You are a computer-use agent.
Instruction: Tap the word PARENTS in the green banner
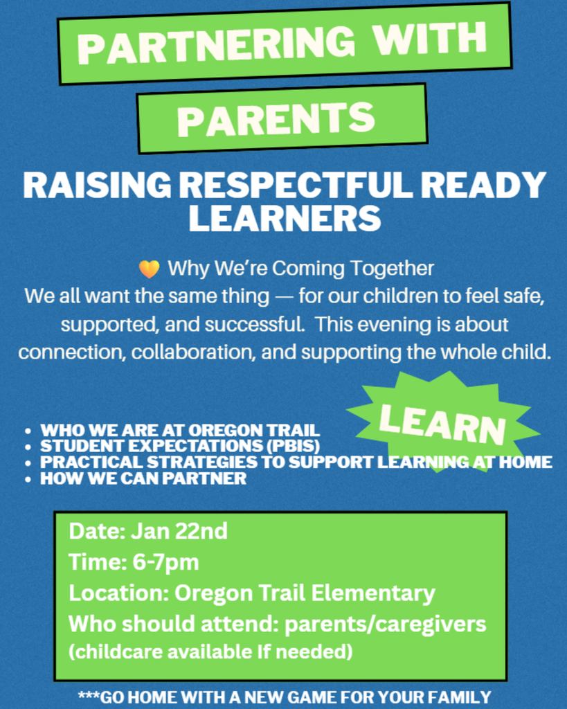276,120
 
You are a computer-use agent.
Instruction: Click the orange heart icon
149,269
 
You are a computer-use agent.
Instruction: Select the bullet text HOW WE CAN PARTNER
143,478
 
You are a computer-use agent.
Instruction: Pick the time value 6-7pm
165,562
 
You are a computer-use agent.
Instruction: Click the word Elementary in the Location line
373,593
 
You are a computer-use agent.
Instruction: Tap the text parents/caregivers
386,624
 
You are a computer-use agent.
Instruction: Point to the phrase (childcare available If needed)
210,652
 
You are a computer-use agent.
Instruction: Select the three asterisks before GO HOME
89,696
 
